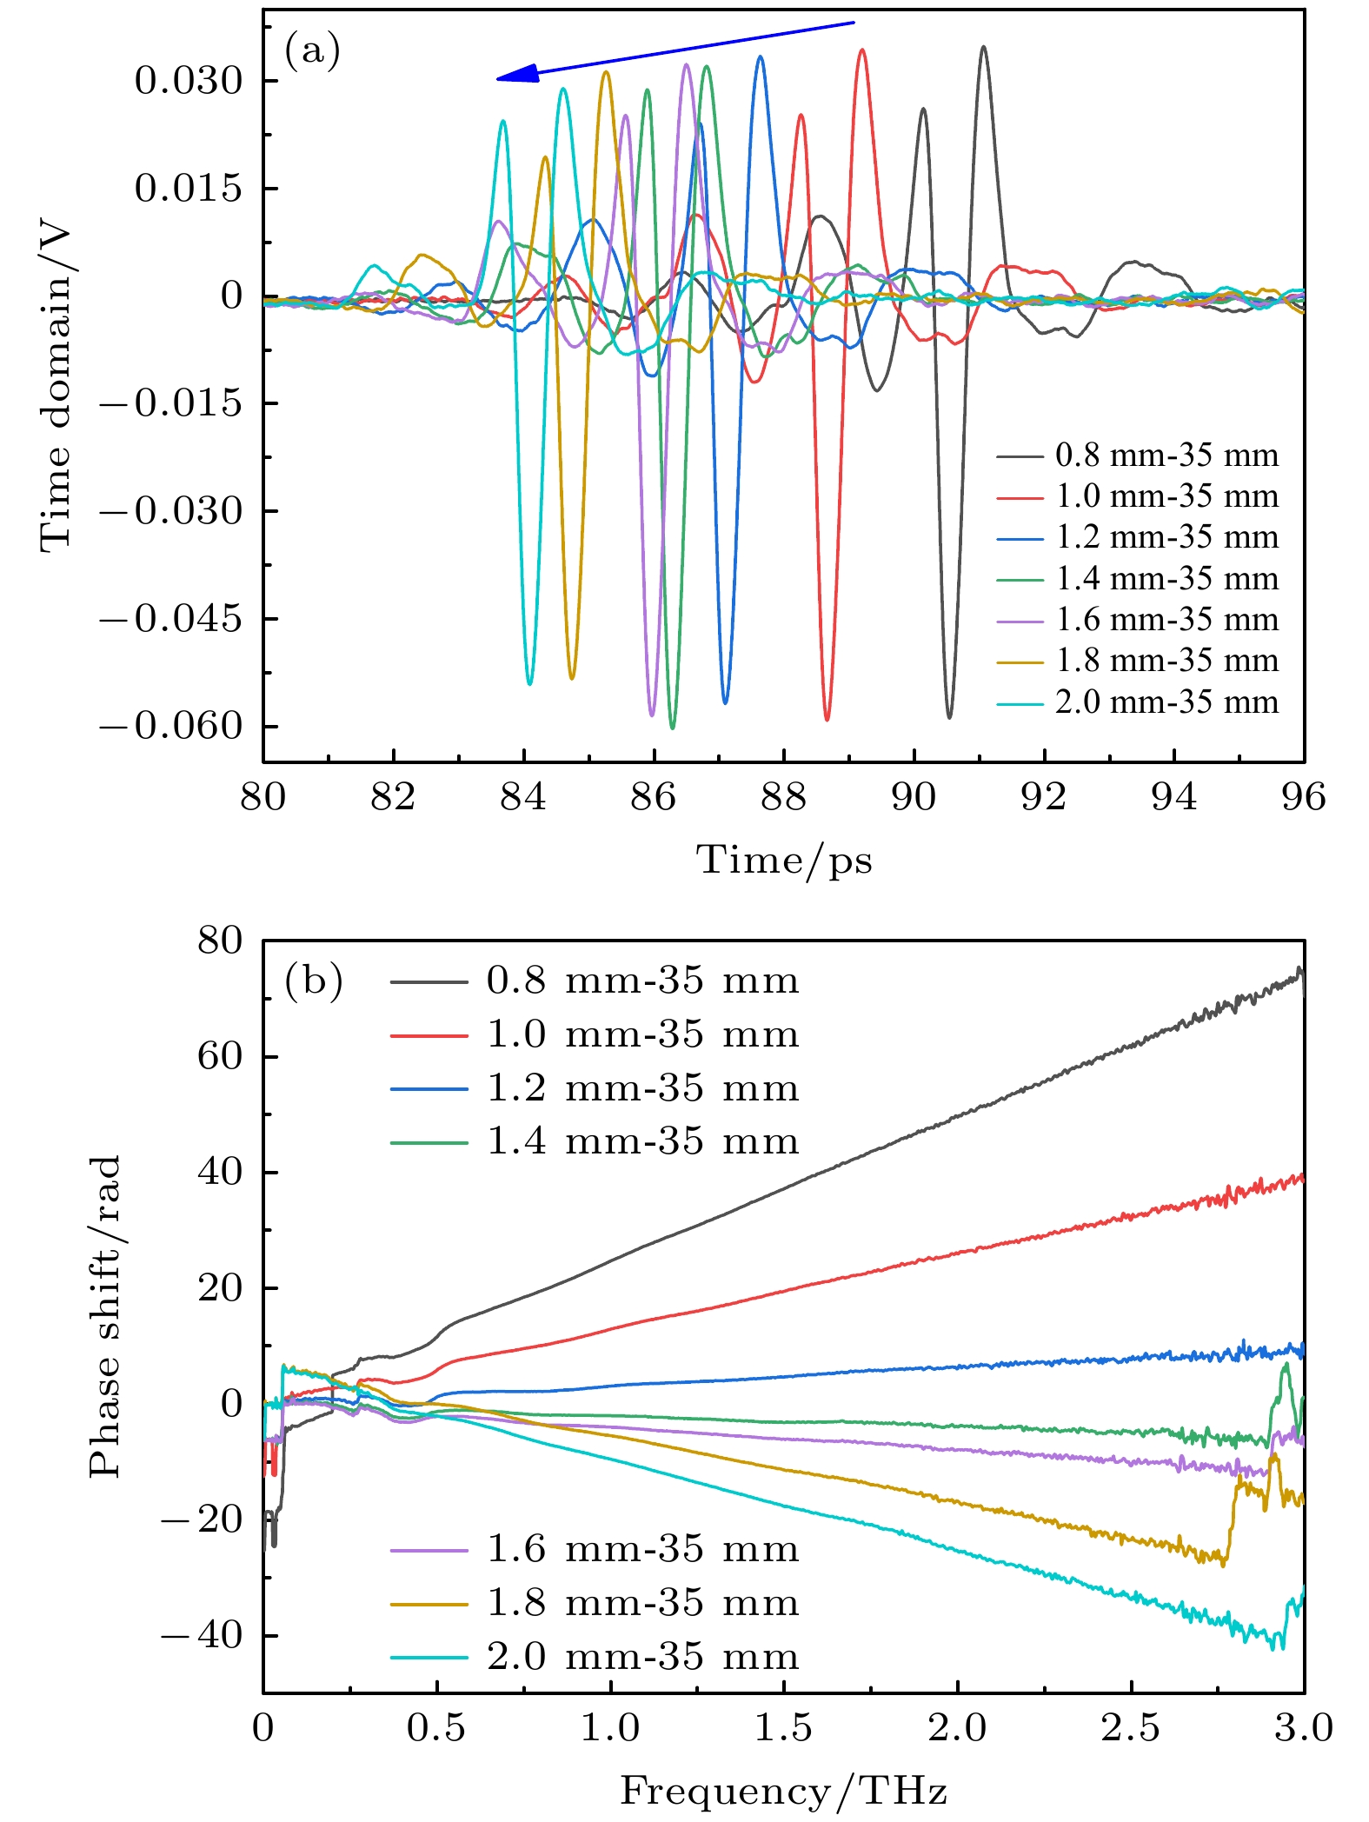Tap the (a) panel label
[312, 51]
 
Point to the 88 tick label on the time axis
[783, 796]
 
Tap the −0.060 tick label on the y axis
[170, 726]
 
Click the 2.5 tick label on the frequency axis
[1131, 1727]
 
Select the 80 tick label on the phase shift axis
[220, 941]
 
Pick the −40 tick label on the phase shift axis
[202, 1635]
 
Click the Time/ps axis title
[783, 861]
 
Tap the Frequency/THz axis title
[783, 1791]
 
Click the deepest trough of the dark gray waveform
[949, 717]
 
